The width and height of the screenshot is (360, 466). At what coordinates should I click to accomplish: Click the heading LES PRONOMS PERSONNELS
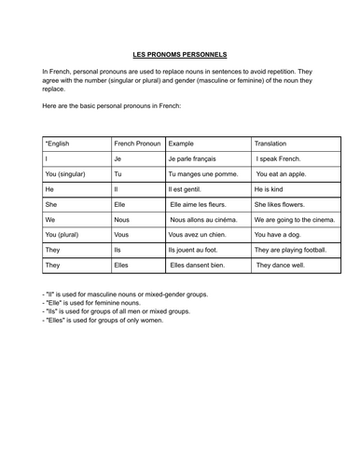pyautogui.click(x=180, y=55)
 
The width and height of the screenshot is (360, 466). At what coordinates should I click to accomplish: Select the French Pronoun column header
pyautogui.click(x=137, y=144)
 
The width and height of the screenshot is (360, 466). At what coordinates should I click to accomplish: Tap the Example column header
pyautogui.click(x=182, y=144)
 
